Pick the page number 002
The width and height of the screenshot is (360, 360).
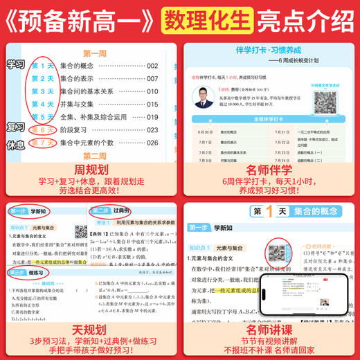pos(152,66)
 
